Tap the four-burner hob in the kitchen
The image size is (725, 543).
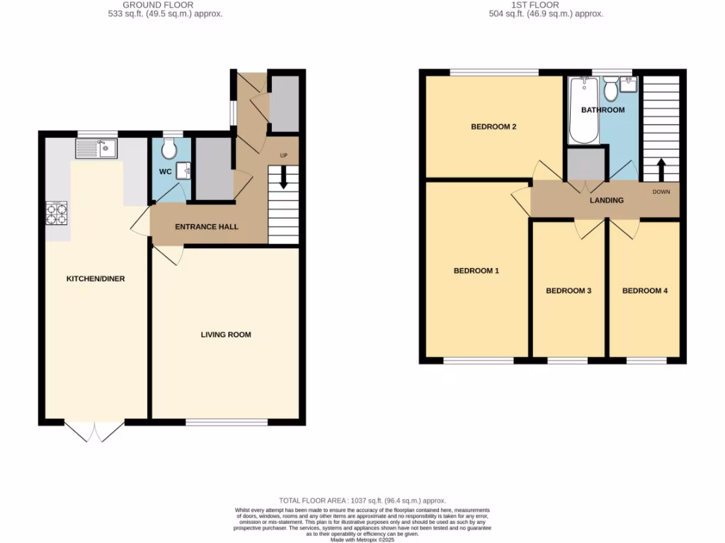tap(57, 213)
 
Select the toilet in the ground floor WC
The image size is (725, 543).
tap(169, 148)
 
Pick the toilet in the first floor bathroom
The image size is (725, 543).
tap(610, 90)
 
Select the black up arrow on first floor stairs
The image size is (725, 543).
tap(661, 168)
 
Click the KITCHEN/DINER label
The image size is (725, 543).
tap(96, 279)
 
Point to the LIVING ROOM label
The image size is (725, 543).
tap(226, 335)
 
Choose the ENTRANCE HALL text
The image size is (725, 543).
tap(207, 227)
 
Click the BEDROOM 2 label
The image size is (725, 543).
tap(493, 127)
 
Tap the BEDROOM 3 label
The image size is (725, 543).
tap(569, 291)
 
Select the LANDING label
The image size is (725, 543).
tap(607, 200)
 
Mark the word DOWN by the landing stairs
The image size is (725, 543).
tap(661, 192)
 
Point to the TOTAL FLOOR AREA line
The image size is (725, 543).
tap(362, 500)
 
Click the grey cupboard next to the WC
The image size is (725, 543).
tap(214, 168)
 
